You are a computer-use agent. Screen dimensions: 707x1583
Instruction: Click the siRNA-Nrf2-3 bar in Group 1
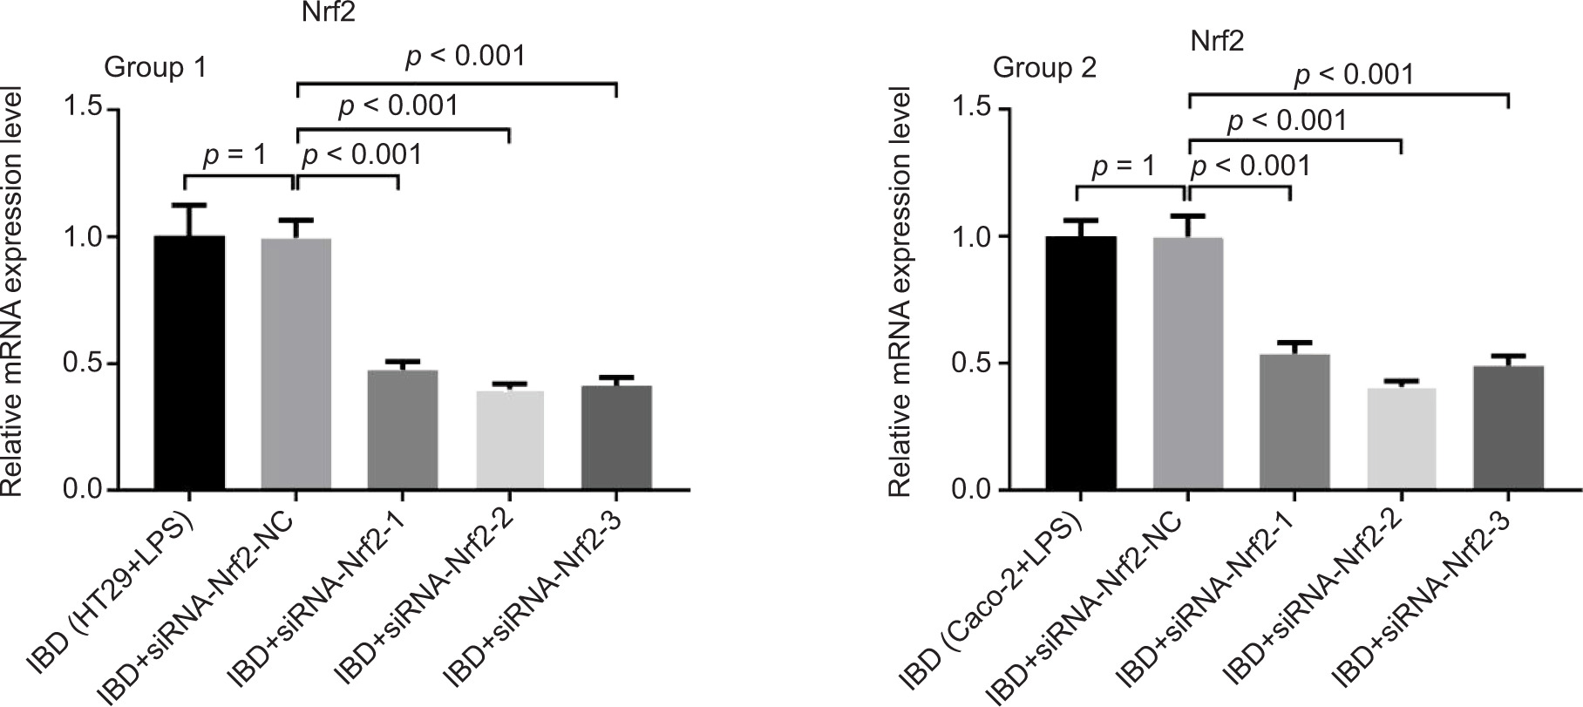point(616,437)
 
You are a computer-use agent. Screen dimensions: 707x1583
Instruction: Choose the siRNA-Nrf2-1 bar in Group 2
point(1294,422)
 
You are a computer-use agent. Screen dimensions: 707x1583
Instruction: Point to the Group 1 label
point(155,67)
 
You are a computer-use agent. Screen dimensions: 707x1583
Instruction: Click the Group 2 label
point(1045,67)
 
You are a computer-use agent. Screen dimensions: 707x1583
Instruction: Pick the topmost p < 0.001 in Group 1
point(465,57)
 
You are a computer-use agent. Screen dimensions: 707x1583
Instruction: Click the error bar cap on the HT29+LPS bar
point(189,205)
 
